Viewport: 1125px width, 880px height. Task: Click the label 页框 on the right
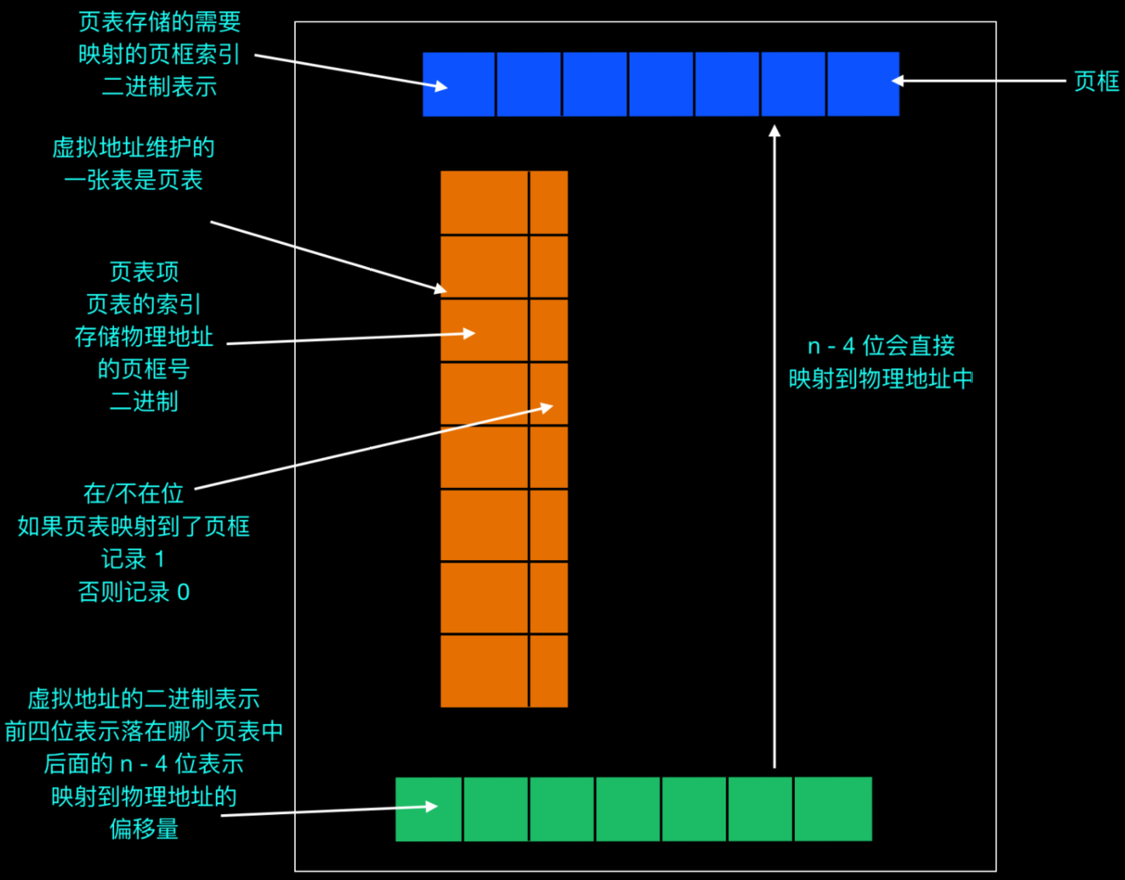(x=1096, y=82)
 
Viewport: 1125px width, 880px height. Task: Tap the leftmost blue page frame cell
(x=459, y=83)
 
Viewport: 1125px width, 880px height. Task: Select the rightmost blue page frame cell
(x=863, y=83)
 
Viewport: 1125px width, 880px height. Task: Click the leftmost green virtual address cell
(x=428, y=810)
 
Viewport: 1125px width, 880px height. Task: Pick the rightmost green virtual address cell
(x=833, y=810)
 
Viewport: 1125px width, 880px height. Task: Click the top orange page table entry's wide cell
(x=484, y=202)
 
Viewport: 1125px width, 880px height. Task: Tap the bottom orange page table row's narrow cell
(x=549, y=671)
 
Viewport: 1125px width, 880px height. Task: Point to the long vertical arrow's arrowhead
(x=775, y=133)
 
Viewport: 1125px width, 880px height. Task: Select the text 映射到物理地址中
(x=881, y=379)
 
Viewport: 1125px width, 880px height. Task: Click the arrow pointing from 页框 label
(x=978, y=82)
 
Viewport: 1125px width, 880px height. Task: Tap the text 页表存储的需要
(x=160, y=21)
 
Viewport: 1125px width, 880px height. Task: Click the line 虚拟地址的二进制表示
(x=143, y=698)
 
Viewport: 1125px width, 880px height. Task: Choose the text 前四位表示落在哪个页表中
(x=143, y=732)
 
